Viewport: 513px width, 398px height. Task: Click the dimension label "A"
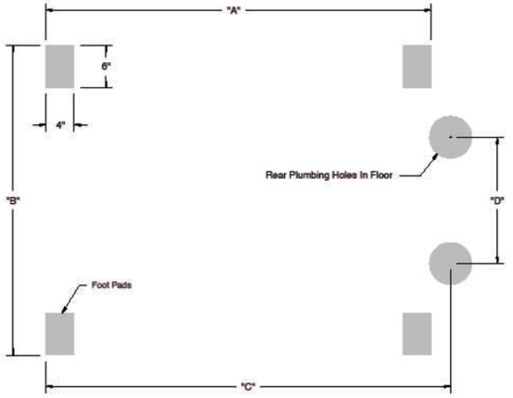pyautogui.click(x=234, y=11)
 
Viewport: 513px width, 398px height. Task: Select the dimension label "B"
pyautogui.click(x=13, y=200)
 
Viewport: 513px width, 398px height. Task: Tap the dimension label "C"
pyautogui.click(x=248, y=387)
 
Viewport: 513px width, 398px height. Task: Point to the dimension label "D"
pyautogui.click(x=497, y=200)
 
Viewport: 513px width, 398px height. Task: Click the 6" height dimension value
pyautogui.click(x=106, y=67)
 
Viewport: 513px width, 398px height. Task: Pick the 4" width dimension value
pyautogui.click(x=60, y=125)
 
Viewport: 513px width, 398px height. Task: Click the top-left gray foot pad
pyautogui.click(x=59, y=67)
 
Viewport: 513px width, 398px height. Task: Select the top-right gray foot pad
pyautogui.click(x=417, y=67)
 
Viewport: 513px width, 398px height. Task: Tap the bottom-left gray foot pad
pyautogui.click(x=59, y=334)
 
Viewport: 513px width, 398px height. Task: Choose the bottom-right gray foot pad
pyautogui.click(x=417, y=334)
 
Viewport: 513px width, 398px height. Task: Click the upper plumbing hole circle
pyautogui.click(x=451, y=137)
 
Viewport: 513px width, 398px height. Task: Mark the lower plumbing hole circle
pyautogui.click(x=451, y=263)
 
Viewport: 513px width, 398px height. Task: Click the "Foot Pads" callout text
pyautogui.click(x=112, y=285)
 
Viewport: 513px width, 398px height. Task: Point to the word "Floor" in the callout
pyautogui.click(x=381, y=175)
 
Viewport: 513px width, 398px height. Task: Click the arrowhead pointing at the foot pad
pyautogui.click(x=64, y=309)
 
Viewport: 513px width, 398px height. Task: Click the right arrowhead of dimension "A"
pyautogui.click(x=428, y=10)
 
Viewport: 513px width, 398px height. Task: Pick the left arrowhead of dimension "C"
pyautogui.click(x=49, y=387)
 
